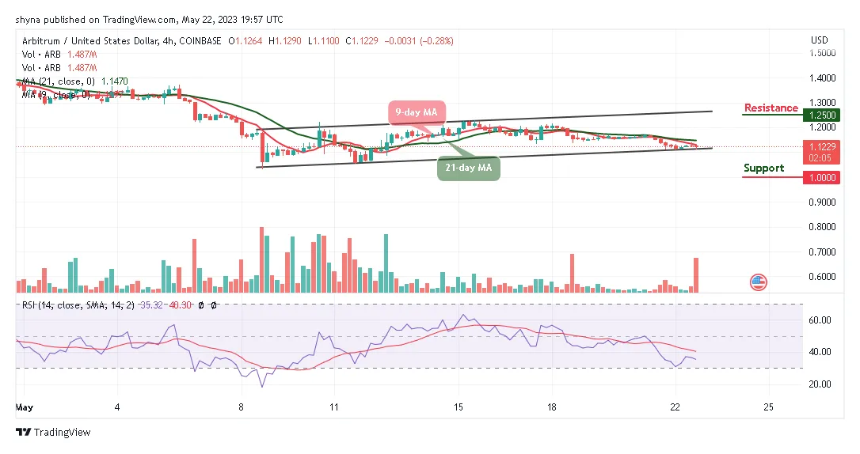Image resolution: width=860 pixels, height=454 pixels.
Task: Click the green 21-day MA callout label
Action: (x=469, y=168)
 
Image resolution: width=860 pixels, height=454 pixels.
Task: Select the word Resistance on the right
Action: (x=771, y=108)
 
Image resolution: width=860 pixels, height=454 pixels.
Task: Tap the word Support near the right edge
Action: (x=763, y=168)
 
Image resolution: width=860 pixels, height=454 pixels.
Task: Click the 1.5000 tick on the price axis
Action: (x=823, y=53)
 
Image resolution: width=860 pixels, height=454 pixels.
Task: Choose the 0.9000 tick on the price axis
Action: (x=823, y=202)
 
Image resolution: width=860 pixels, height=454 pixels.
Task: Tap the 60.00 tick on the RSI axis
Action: (x=820, y=320)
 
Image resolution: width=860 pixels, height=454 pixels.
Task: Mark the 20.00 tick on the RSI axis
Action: (x=820, y=384)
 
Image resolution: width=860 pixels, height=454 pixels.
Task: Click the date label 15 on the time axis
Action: (x=458, y=407)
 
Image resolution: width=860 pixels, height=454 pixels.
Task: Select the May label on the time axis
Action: (x=25, y=407)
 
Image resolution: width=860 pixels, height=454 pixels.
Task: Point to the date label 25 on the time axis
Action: (x=767, y=407)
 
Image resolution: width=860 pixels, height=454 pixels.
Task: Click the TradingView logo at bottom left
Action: (x=53, y=432)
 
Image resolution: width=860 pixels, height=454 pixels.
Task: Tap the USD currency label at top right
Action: (x=820, y=40)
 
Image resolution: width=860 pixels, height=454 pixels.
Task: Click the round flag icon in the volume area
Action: (x=758, y=281)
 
